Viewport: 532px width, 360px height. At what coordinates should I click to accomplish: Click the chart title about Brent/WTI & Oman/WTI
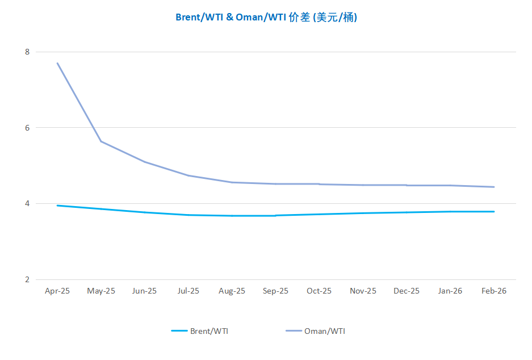(266, 18)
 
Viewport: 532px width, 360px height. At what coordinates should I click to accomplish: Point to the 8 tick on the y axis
(27, 52)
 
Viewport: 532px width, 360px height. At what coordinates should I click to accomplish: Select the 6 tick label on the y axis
(27, 128)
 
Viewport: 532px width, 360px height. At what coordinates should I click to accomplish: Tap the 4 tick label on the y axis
(27, 204)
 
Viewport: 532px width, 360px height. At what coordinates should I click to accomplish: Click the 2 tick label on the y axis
(27, 279)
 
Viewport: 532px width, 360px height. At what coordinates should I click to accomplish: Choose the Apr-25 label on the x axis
(57, 291)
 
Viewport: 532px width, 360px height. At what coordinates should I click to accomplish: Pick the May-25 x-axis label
(101, 291)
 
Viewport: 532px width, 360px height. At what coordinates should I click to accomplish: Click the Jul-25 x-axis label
(188, 291)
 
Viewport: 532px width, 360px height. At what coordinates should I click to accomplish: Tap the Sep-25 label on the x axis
(275, 291)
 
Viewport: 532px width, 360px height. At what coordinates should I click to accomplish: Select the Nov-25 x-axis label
(363, 291)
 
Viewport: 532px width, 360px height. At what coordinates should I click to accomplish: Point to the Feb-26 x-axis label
(494, 291)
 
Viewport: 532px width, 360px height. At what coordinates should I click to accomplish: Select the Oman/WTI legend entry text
(325, 331)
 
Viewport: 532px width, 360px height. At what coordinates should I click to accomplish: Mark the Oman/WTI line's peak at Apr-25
(57, 63)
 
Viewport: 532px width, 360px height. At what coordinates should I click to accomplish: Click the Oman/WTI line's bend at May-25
(101, 141)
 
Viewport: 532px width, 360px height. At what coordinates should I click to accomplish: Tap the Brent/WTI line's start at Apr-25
(57, 206)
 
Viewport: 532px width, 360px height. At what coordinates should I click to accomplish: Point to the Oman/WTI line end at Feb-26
(494, 187)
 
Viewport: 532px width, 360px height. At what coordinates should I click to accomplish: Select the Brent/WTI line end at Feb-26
(494, 212)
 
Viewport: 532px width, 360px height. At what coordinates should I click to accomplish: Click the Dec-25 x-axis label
(407, 291)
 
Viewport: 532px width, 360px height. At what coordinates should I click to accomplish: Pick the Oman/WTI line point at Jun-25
(145, 162)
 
